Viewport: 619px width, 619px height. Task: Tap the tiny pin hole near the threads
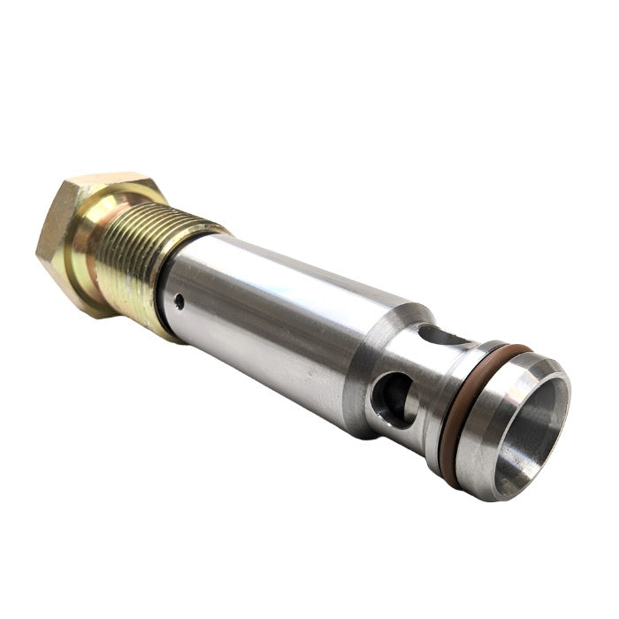(180, 302)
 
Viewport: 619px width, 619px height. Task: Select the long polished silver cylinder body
(265, 327)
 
